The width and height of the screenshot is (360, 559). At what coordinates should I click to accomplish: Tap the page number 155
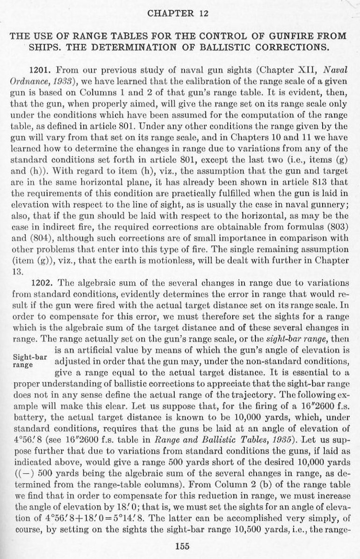(x=180, y=544)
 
